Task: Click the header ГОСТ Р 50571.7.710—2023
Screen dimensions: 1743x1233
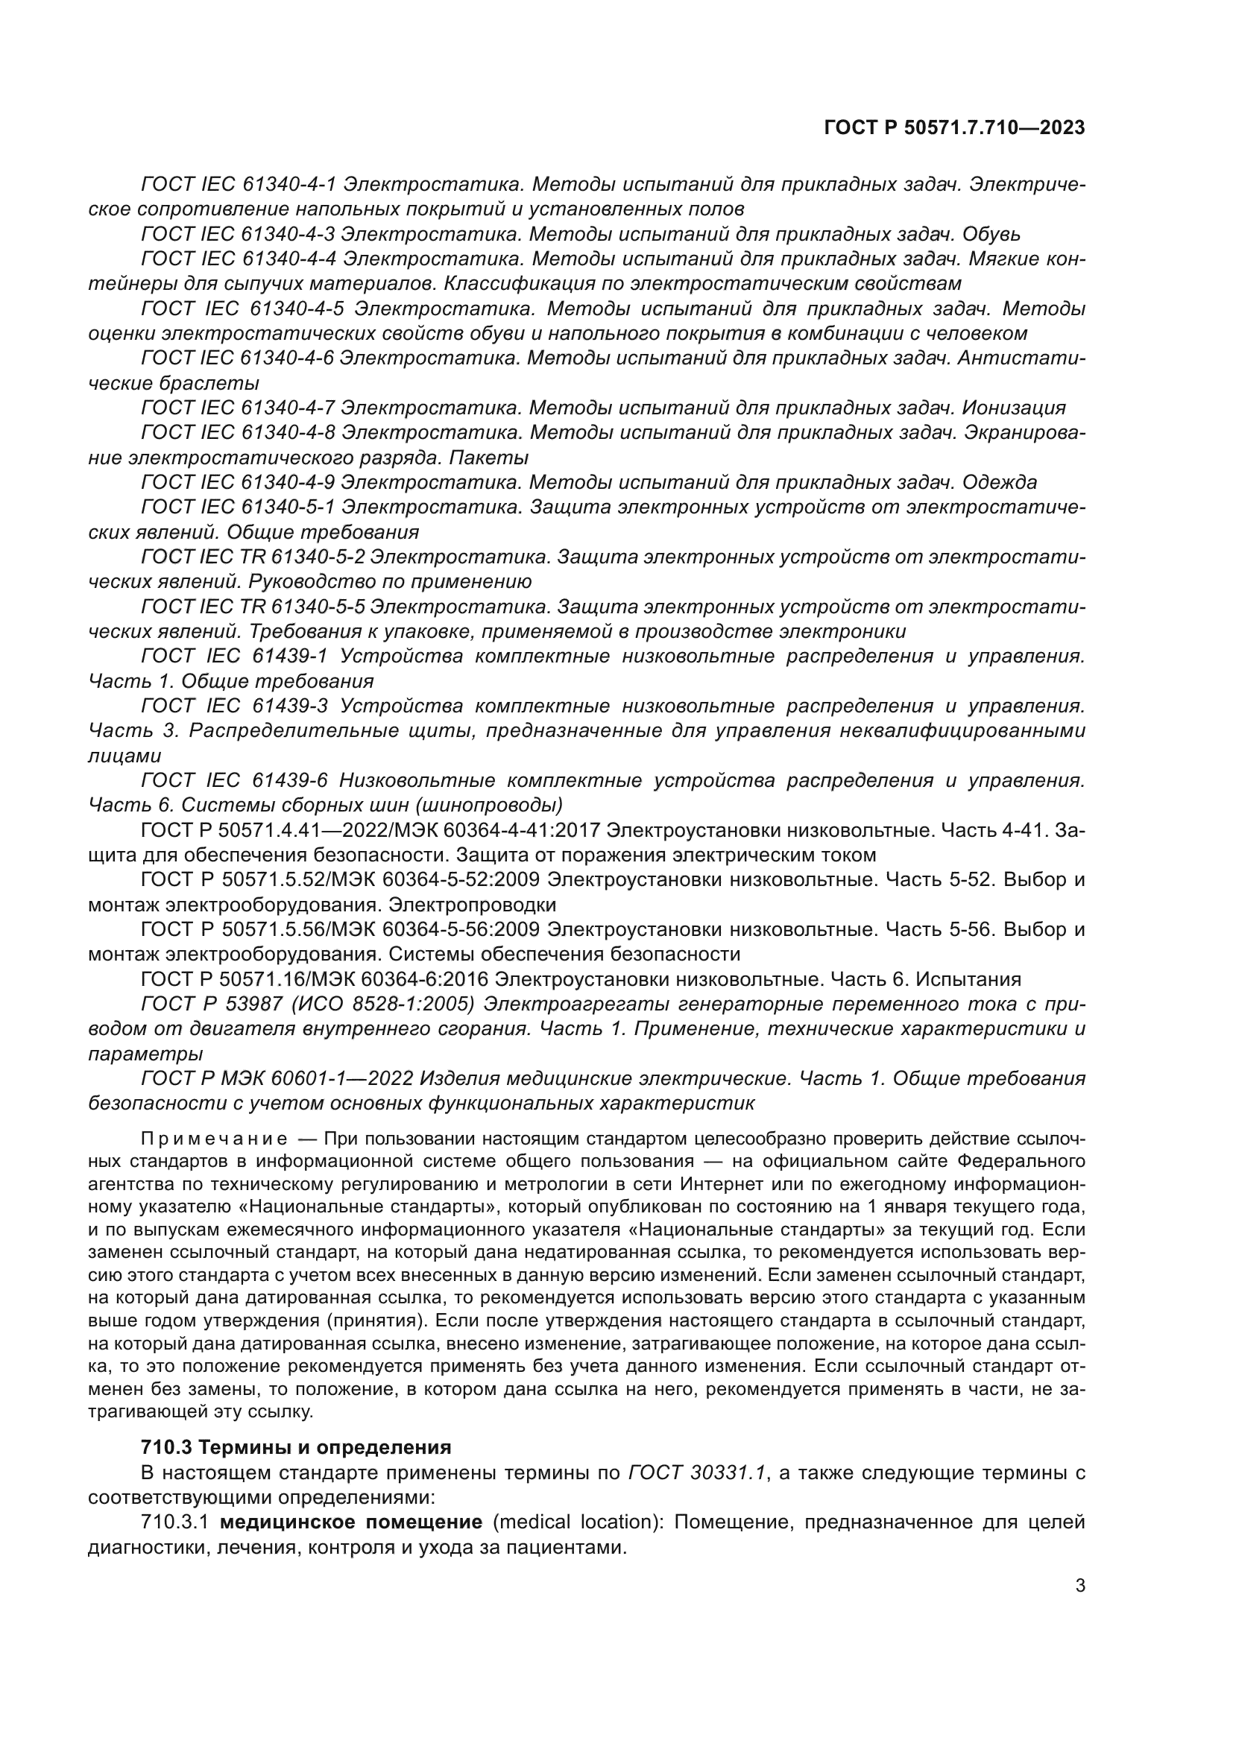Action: coord(953,128)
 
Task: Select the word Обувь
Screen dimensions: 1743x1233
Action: coord(990,234)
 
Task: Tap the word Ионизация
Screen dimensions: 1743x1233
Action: coord(1014,408)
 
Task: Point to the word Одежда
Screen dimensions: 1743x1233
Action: coord(999,482)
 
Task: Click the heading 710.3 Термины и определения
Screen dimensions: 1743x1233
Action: coord(296,1447)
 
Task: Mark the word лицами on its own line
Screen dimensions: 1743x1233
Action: coord(124,756)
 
